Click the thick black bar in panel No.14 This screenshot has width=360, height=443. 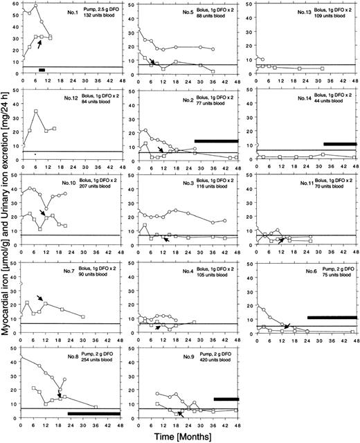tap(340, 143)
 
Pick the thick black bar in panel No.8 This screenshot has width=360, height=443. tap(93, 414)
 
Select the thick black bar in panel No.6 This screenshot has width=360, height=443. tap(332, 318)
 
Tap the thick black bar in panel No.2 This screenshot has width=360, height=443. tap(216, 141)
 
